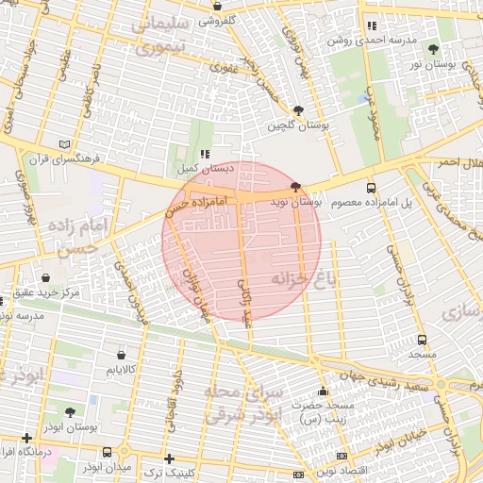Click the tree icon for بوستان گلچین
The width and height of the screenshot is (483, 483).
pos(299,109)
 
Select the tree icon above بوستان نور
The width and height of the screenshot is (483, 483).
pos(433,49)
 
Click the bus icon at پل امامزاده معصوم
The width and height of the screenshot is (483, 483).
pos(371,188)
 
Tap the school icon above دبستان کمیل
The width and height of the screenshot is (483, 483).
pos(203,154)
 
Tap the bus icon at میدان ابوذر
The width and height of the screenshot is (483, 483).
pos(107,453)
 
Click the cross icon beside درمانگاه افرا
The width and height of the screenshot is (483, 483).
pos(26,438)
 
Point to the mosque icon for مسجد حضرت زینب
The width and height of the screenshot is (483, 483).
pos(324,391)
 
